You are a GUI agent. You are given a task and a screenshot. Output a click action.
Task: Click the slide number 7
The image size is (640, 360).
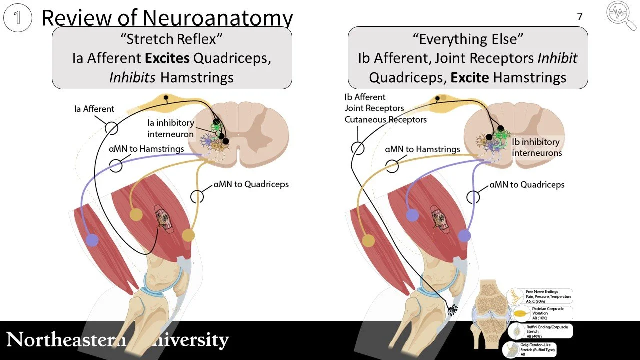coord(580,17)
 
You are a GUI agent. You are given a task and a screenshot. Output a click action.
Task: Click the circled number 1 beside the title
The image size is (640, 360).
coord(18,18)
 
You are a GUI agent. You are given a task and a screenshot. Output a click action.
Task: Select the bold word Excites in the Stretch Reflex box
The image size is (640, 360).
coord(167,58)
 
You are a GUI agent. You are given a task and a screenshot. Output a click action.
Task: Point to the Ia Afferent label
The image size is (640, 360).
coord(94,109)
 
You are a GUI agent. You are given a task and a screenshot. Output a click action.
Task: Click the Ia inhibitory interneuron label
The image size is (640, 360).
coord(171,128)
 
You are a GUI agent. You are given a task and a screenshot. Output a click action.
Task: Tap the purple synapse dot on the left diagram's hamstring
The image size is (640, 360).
coord(91,240)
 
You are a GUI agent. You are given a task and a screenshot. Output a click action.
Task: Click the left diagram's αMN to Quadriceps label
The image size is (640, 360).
coord(251,184)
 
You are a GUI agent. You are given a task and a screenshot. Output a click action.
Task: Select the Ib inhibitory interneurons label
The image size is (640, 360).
coord(537,147)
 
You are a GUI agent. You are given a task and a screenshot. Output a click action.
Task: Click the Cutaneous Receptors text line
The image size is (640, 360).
coord(385,119)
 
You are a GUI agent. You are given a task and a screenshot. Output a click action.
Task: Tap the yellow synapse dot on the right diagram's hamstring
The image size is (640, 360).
coord(368,241)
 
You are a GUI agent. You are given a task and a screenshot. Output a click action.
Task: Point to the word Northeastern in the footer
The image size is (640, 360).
coord(65,340)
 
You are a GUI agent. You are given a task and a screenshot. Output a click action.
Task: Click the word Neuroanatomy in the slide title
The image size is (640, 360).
coord(218,18)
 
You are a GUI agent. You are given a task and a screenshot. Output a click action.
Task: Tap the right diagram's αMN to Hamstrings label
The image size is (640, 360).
coord(423,149)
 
